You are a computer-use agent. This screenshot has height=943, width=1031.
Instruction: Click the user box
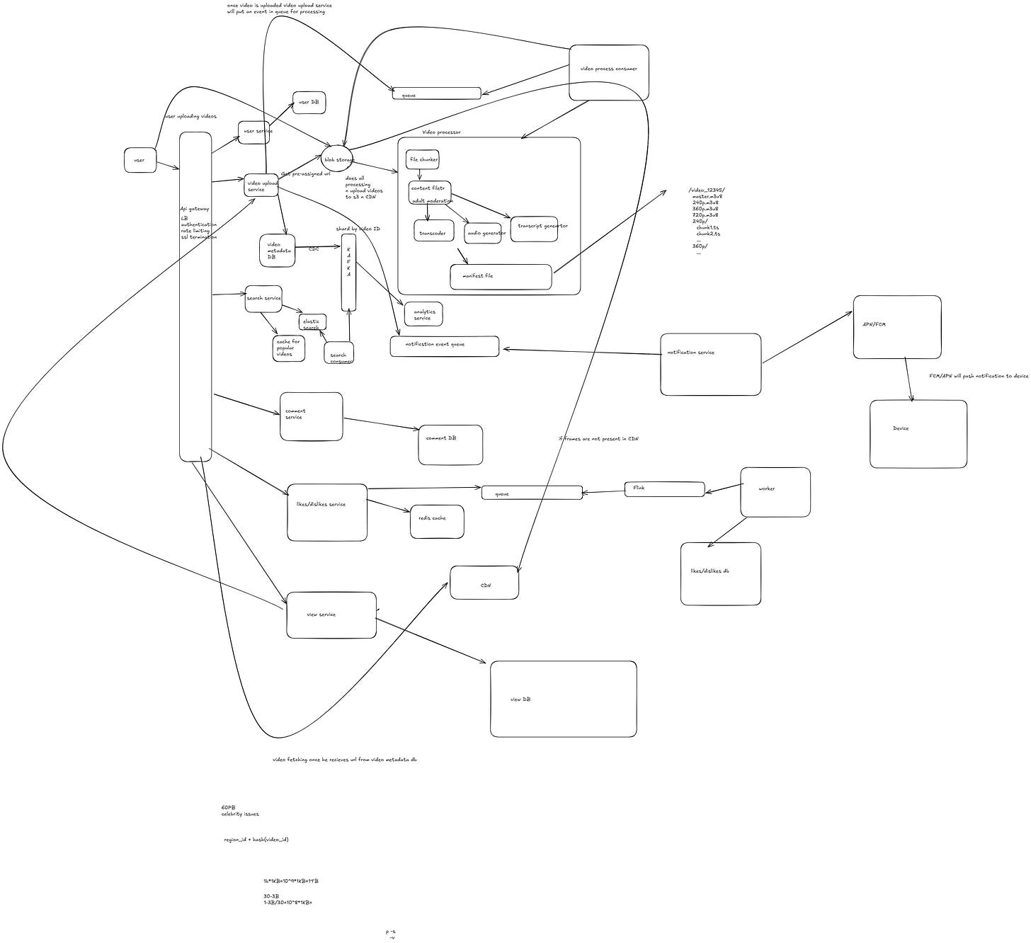pos(139,160)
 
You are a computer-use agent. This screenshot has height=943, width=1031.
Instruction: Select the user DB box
pos(309,103)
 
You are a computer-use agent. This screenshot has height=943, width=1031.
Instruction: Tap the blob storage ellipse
pos(336,159)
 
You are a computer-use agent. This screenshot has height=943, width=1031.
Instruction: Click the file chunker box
pos(423,159)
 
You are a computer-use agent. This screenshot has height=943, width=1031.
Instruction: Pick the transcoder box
pos(433,232)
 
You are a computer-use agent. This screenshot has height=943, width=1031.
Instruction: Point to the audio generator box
pos(483,233)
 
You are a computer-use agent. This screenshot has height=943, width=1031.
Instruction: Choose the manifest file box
pos(500,277)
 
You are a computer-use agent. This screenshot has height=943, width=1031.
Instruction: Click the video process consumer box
pos(608,72)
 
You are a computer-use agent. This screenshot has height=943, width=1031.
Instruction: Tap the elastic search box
pos(312,322)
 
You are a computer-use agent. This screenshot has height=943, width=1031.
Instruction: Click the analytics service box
pos(423,314)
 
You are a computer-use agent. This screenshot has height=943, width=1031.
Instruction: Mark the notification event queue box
pos(444,346)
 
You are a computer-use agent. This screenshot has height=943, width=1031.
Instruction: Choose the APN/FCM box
pos(896,327)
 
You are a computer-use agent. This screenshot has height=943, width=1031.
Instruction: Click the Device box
pos(918,433)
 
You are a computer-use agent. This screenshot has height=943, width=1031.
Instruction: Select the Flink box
pos(663,488)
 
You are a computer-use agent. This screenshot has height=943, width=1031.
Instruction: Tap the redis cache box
pos(437,521)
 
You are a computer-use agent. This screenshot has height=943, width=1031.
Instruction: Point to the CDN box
pos(484,583)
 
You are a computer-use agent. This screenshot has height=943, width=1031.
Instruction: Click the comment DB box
pos(450,445)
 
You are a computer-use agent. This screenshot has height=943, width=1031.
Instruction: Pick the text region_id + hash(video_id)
pos(256,840)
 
